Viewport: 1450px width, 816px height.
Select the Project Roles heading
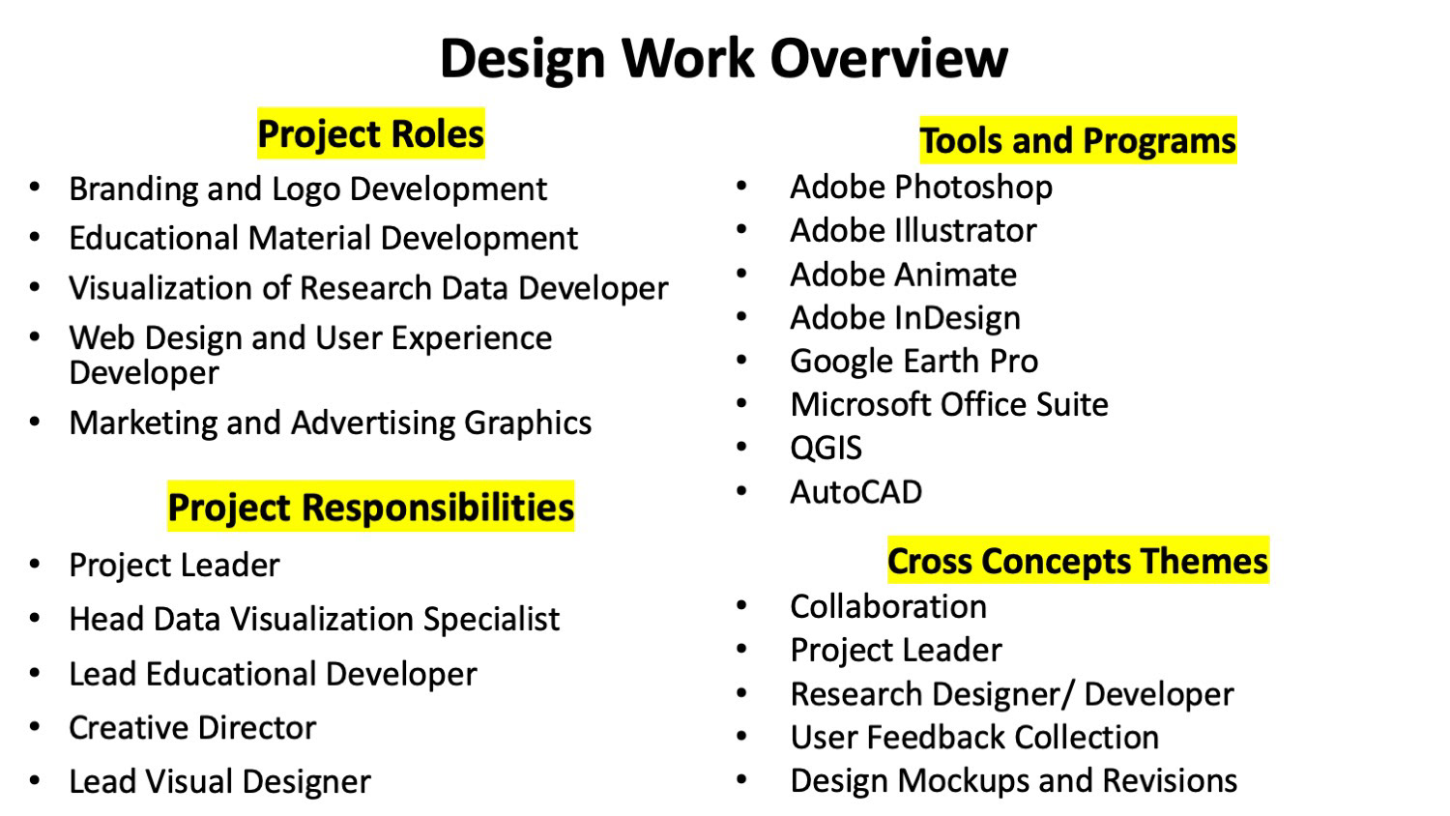pyautogui.click(x=371, y=134)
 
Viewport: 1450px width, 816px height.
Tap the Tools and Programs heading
pyautogui.click(x=1078, y=140)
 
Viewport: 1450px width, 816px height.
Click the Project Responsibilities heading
pyautogui.click(x=371, y=507)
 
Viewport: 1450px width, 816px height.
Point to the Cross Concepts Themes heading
pyautogui.click(x=1078, y=561)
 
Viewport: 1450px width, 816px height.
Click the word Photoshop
pyautogui.click(x=973, y=189)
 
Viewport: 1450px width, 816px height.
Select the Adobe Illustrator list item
pyautogui.click(x=913, y=230)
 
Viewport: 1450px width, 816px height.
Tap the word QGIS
pyautogui.click(x=826, y=449)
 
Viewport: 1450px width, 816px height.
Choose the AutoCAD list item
pyautogui.click(x=855, y=492)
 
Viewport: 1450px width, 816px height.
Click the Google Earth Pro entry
pyautogui.click(x=914, y=362)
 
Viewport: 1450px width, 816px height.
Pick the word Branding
pyautogui.click(x=133, y=190)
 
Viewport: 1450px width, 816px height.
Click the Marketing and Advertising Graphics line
pyautogui.click(x=331, y=423)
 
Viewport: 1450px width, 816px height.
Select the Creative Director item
pyautogui.click(x=192, y=727)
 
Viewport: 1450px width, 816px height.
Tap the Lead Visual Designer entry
pyautogui.click(x=220, y=782)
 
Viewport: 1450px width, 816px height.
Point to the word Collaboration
pyautogui.click(x=888, y=607)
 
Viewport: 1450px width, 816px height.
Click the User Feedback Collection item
pyautogui.click(x=974, y=738)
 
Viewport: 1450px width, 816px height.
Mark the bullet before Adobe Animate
pyautogui.click(x=741, y=274)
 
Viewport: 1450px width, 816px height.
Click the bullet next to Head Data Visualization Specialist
pyautogui.click(x=35, y=618)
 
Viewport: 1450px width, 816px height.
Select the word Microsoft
pyautogui.click(x=860, y=405)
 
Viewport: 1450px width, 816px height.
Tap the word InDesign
pyautogui.click(x=957, y=319)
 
